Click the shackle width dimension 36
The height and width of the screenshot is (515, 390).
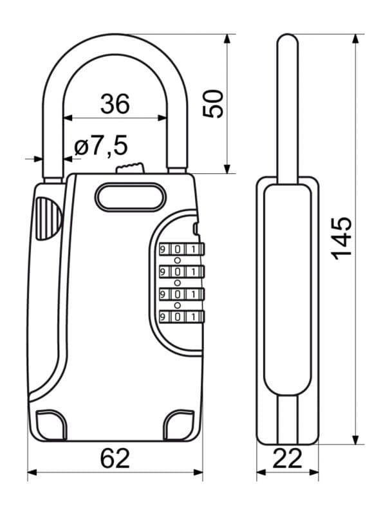(x=115, y=104)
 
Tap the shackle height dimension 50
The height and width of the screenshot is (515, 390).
(x=213, y=104)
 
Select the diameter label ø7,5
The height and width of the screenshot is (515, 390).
(x=101, y=145)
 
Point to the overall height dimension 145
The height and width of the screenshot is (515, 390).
(x=342, y=238)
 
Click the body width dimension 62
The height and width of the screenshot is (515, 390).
(x=115, y=458)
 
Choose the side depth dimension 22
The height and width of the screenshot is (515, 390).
(x=287, y=458)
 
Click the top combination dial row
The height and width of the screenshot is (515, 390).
(x=181, y=249)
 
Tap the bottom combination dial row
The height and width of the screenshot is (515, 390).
(x=181, y=316)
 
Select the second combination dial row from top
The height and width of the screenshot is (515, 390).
(x=181, y=271)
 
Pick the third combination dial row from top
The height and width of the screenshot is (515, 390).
(x=181, y=294)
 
